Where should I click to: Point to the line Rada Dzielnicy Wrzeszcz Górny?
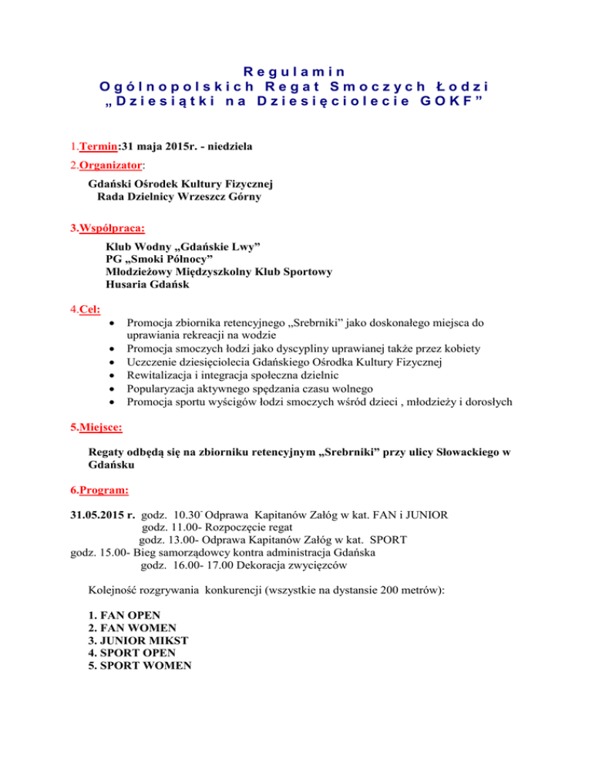coord(179,197)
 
